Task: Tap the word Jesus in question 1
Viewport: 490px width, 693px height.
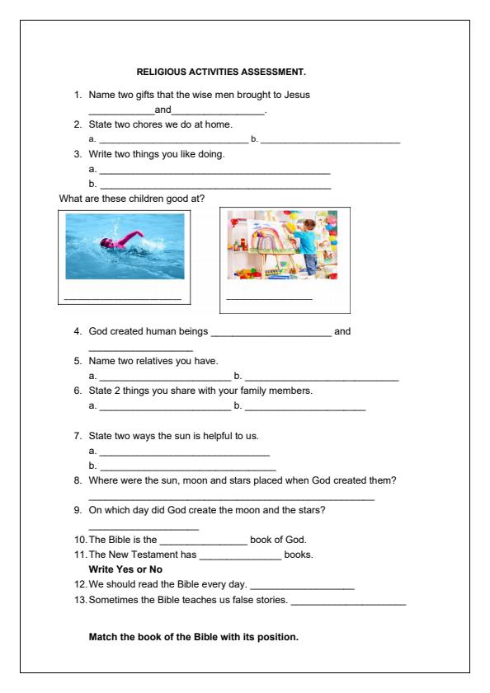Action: pyautogui.click(x=296, y=95)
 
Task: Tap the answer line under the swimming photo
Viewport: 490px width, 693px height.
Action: pyautogui.click(x=122, y=298)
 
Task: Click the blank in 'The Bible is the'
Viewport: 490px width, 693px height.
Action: pyautogui.click(x=203, y=541)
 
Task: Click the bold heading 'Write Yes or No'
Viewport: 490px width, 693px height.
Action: pyautogui.click(x=125, y=569)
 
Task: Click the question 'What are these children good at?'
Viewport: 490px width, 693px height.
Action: pyautogui.click(x=125, y=199)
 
